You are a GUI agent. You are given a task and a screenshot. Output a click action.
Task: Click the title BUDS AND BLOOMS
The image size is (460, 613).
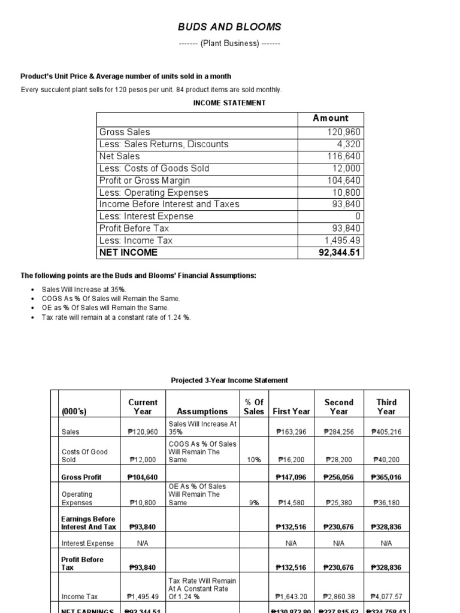229,27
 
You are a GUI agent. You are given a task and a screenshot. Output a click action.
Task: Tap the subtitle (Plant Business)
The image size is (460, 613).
229,44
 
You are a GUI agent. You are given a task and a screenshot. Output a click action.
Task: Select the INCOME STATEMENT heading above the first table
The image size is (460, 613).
229,103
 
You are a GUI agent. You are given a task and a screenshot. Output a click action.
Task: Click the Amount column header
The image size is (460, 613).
330,118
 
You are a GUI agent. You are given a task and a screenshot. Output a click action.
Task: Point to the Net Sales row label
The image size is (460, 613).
119,156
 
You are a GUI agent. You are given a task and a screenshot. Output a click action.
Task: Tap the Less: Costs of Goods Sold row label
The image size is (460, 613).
154,168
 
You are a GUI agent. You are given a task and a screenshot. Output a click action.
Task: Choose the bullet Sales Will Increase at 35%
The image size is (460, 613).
80,289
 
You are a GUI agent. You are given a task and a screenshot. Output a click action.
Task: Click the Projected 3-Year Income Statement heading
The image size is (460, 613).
229,380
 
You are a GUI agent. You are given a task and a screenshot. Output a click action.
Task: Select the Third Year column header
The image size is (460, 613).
386,406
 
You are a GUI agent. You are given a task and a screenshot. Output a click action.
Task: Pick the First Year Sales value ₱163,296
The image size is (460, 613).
292,432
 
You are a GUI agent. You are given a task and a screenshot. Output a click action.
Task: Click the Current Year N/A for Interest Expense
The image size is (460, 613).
143,544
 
